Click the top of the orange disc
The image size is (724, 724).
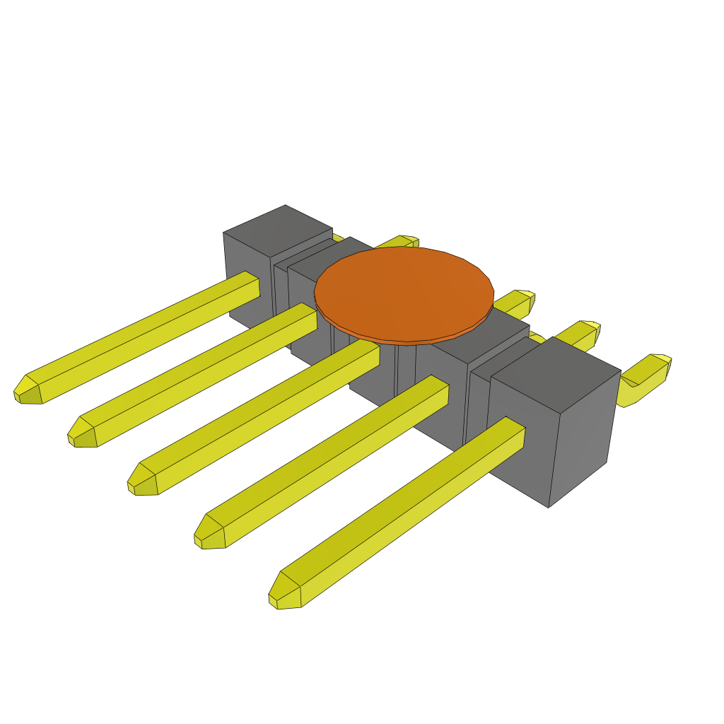coord(403,290)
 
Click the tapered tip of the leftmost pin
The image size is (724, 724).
coord(27,390)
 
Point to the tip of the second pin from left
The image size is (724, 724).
coord(81,433)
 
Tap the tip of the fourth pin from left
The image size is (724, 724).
coord(209,533)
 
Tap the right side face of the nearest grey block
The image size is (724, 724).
coord(583,438)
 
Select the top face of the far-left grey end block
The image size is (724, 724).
coord(277,230)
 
